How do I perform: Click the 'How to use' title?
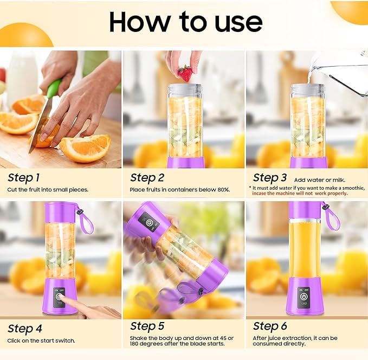click(x=185, y=21)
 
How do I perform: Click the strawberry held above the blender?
click(x=185, y=73)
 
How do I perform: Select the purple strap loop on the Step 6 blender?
click(x=331, y=215)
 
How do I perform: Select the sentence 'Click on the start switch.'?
click(x=41, y=340)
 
